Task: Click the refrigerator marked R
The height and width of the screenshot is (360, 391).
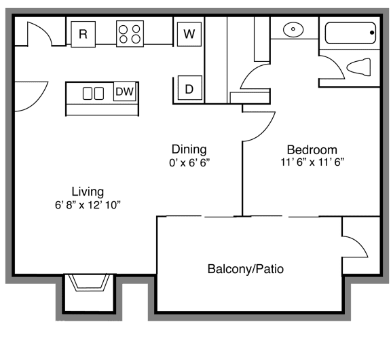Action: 83,34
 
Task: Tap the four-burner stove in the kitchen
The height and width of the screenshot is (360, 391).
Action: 130,34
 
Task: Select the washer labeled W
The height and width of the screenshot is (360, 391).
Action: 189,34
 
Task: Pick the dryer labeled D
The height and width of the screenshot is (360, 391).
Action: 190,88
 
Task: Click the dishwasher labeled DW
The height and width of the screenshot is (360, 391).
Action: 125,91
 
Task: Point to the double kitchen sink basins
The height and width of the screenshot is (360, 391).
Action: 93,93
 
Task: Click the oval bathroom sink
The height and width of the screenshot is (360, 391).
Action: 293,29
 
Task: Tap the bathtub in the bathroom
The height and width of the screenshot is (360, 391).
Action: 350,33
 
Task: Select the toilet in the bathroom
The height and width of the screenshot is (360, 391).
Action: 358,67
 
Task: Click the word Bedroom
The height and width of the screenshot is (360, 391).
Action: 312,150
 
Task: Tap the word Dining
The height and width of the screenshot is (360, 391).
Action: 189,149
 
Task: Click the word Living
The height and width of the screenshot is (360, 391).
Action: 88,192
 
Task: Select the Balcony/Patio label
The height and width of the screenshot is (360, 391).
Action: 246,269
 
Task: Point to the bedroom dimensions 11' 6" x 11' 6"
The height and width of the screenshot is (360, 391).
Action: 312,162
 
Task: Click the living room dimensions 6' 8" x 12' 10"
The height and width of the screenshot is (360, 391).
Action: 88,205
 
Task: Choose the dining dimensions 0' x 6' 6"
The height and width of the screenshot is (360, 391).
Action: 189,163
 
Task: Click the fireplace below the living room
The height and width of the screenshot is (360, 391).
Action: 89,283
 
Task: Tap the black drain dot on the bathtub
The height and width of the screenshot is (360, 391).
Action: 372,33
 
